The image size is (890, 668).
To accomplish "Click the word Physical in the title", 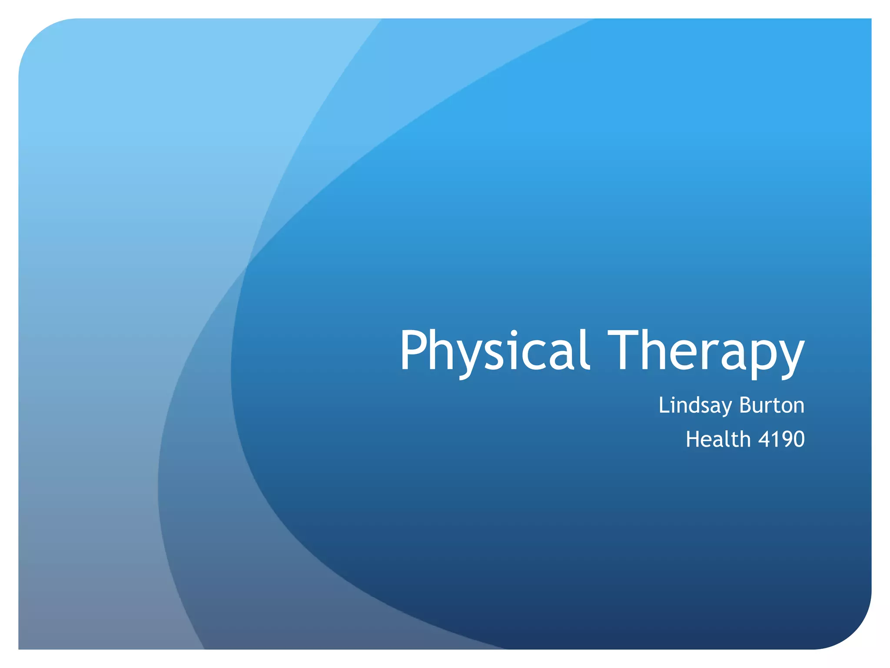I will pyautogui.click(x=495, y=351).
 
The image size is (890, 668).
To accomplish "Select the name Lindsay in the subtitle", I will pyautogui.click(x=695, y=406).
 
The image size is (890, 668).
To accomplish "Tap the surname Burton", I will pyautogui.click(x=772, y=405).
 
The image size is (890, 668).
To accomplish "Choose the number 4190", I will pyautogui.click(x=781, y=439).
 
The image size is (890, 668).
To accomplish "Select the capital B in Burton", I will pyautogui.click(x=746, y=405).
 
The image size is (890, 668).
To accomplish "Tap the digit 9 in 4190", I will pyautogui.click(x=784, y=439).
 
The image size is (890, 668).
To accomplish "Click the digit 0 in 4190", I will pyautogui.click(x=798, y=439).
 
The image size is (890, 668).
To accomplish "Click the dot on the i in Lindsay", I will pyautogui.click(x=674, y=397).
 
